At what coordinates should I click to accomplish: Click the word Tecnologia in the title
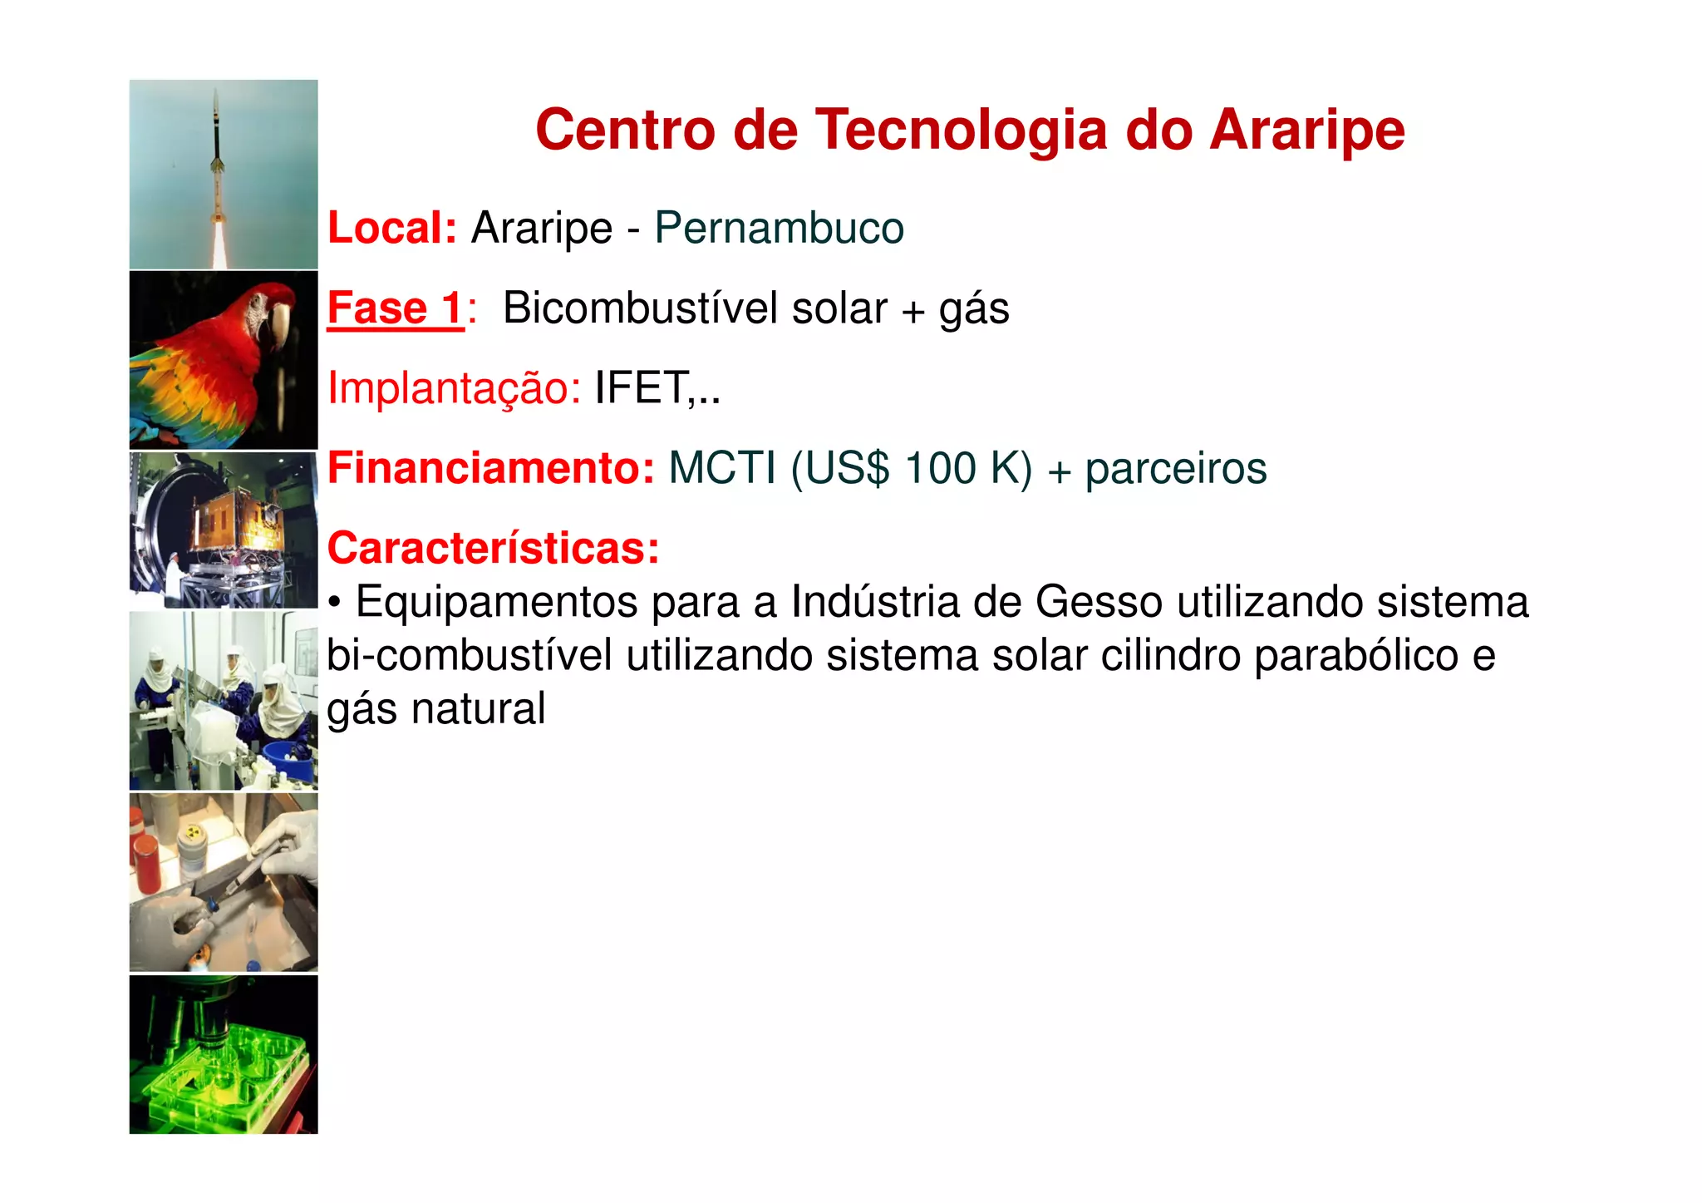(x=961, y=131)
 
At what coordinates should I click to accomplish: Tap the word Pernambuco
(x=779, y=228)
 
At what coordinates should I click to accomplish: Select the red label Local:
(x=391, y=228)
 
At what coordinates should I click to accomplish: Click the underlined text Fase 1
(x=395, y=308)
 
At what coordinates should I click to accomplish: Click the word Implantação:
(x=454, y=388)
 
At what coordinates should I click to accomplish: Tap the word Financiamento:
(x=491, y=468)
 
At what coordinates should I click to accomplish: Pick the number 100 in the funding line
(x=940, y=468)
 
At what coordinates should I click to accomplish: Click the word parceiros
(x=1175, y=468)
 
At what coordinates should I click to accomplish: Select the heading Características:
(x=493, y=549)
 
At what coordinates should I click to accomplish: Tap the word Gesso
(x=1098, y=602)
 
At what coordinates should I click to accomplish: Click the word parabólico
(x=1355, y=655)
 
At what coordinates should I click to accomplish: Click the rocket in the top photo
(x=217, y=150)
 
